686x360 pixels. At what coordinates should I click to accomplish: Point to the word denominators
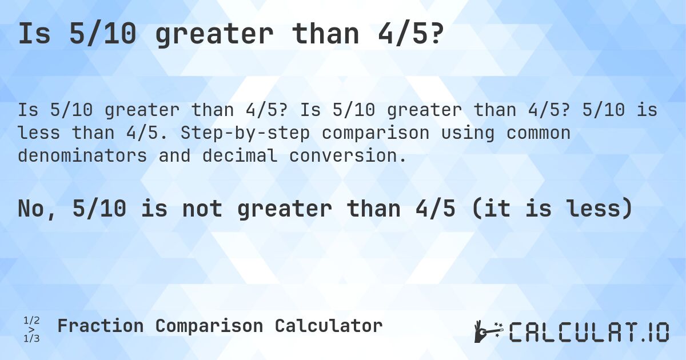(82, 155)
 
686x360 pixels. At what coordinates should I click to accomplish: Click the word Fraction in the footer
(100, 326)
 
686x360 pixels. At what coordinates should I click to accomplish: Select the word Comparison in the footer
(209, 326)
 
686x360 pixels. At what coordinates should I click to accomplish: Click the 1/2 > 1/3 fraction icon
(31, 330)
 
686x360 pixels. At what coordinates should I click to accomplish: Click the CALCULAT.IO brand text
(589, 332)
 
